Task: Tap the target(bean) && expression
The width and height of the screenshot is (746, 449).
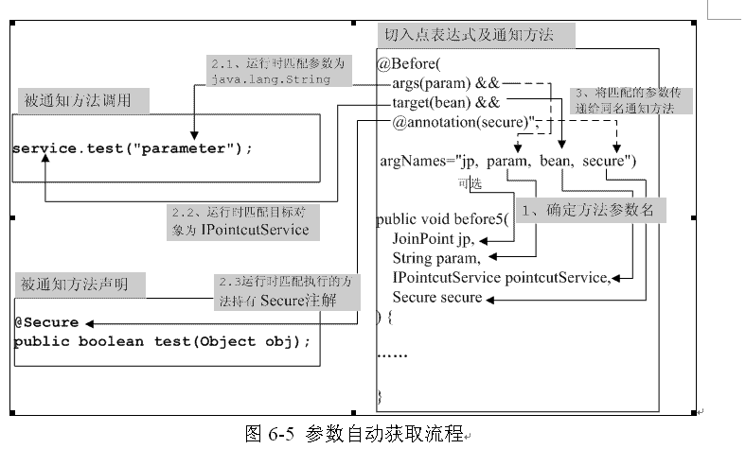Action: [x=438, y=102]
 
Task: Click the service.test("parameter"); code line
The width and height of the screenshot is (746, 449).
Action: [x=133, y=148]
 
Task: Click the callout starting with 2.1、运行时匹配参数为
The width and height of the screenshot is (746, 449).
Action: [x=277, y=71]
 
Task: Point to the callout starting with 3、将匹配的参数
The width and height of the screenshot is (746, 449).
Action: [x=633, y=101]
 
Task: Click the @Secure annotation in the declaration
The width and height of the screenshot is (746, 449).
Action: [x=46, y=321]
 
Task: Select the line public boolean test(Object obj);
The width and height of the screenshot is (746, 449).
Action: [x=162, y=340]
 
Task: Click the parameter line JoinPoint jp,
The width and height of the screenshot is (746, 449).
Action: [x=433, y=239]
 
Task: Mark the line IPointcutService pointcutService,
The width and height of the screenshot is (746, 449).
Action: [x=502, y=278]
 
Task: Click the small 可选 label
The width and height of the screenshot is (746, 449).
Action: [x=471, y=184]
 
